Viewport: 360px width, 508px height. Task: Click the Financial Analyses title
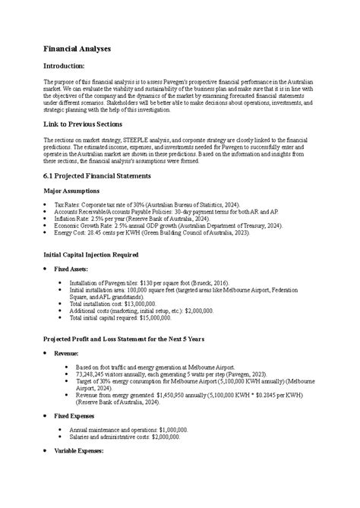pyautogui.click(x=77, y=49)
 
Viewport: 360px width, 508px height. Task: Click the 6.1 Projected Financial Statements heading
pyautogui.click(x=97, y=175)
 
